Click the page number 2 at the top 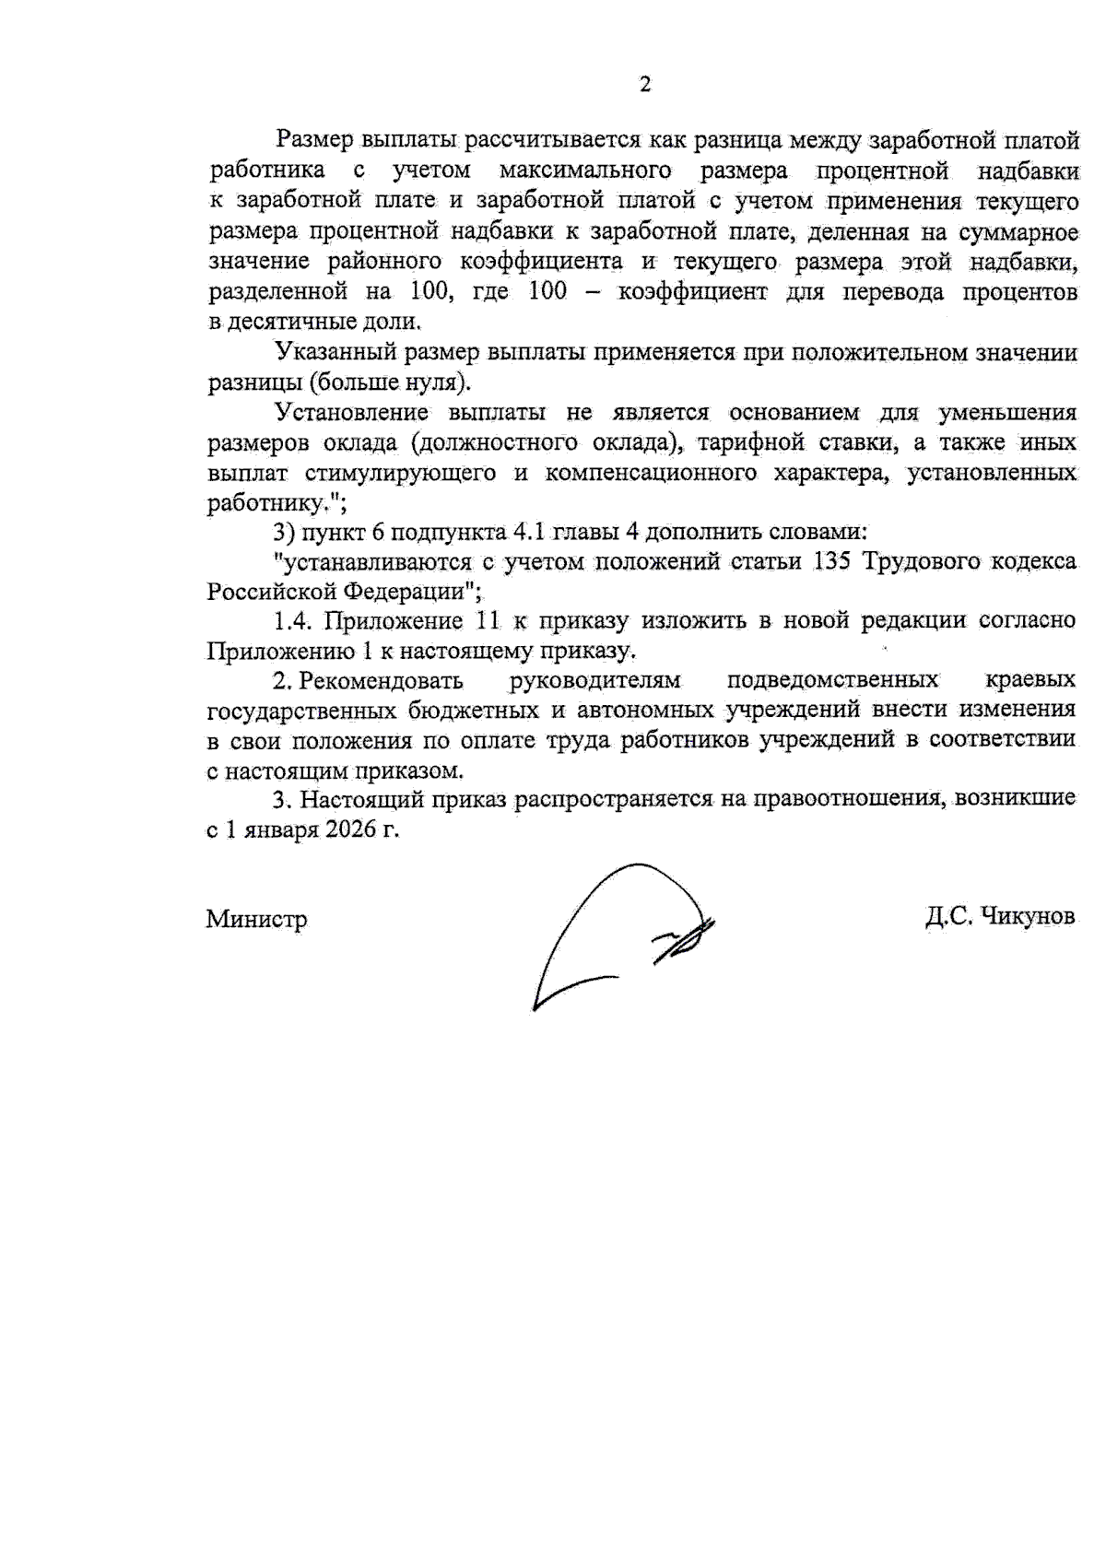tap(645, 85)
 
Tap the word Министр tap(256, 919)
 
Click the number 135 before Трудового tap(834, 561)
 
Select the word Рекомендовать tap(381, 681)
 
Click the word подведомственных tap(832, 681)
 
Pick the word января tap(276, 829)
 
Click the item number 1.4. tap(295, 621)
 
